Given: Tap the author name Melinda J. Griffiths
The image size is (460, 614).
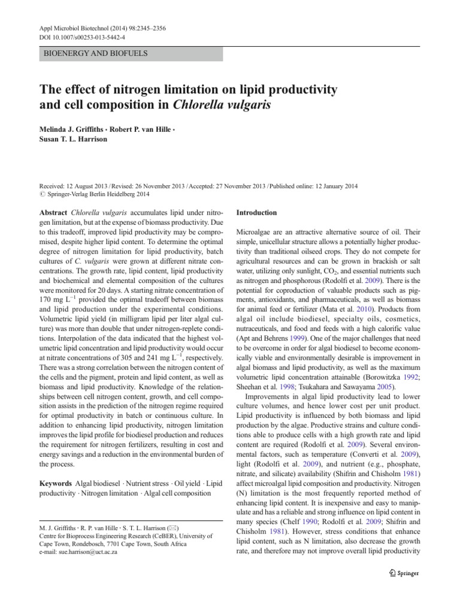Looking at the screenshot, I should coord(69,129).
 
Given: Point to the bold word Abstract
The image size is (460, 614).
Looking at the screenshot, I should coord(53,213).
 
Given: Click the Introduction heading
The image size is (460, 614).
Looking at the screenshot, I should coord(257,213).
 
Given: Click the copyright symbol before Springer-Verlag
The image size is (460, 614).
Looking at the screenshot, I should coord(42,194).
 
